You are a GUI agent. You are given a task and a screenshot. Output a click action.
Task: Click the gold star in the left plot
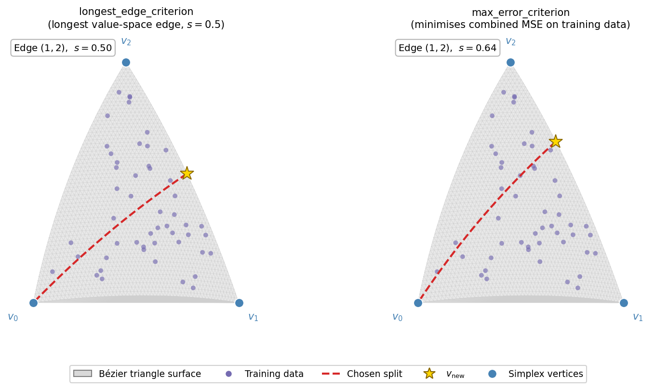point(187,173)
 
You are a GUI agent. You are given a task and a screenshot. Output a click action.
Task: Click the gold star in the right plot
point(556,141)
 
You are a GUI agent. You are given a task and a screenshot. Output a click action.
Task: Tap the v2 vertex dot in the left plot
point(126,62)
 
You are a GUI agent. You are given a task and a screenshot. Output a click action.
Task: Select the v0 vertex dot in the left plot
point(33,303)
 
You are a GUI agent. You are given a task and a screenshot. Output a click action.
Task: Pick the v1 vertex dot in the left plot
point(239,303)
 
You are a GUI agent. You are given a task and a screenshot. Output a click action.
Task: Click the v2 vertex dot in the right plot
point(510,62)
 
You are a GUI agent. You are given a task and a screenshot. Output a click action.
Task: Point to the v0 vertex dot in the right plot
point(418,303)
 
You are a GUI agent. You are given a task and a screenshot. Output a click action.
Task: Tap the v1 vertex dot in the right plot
point(624,303)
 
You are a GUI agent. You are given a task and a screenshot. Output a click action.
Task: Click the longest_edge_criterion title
point(136,12)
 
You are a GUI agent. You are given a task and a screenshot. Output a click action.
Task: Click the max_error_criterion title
point(521,13)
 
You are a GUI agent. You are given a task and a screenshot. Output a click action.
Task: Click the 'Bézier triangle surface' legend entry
point(149,374)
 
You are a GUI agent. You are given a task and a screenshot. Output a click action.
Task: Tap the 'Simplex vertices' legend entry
point(546,374)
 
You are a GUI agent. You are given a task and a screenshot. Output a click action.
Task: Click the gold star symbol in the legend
point(429,374)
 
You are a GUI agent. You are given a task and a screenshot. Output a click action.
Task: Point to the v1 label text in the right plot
point(637,317)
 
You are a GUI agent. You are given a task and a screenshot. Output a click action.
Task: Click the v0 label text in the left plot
point(13,317)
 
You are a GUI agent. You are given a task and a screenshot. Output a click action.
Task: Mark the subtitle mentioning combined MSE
point(521,25)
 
